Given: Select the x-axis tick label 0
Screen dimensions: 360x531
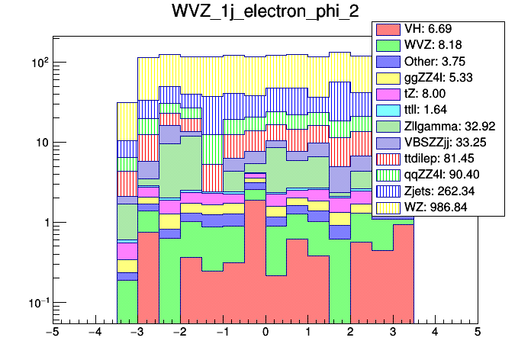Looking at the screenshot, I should [x=265, y=333].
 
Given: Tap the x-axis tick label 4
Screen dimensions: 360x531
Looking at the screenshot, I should [x=435, y=333].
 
